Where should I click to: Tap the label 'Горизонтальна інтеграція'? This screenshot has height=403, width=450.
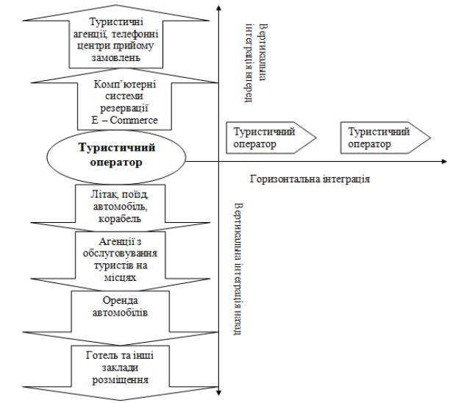click(x=310, y=179)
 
